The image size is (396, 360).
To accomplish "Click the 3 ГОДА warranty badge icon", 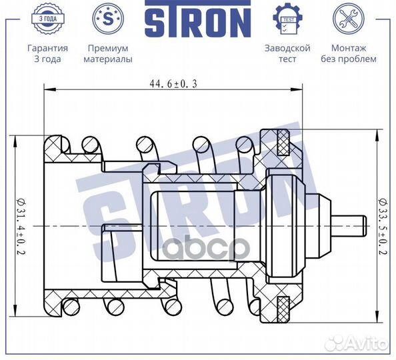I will point(47,19).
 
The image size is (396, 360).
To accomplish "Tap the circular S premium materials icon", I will point(107,19).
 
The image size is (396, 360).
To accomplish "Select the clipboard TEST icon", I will point(287,19).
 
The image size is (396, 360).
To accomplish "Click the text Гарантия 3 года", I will point(47,53).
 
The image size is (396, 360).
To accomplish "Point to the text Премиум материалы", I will point(107,53).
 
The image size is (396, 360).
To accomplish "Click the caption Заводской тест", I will point(287,53).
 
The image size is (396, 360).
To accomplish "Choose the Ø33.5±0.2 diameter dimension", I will point(381,227).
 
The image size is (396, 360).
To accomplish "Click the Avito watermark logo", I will point(363,344).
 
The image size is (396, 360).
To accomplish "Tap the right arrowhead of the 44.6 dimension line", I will point(299,90).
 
